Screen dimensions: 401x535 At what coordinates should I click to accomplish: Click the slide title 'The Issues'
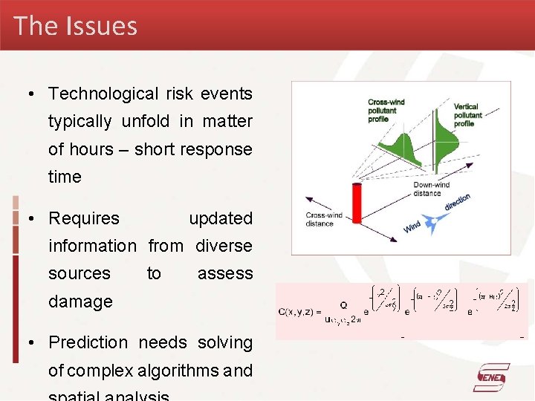pyautogui.click(x=75, y=26)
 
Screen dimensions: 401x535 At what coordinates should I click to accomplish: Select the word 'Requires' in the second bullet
pyautogui.click(x=84, y=218)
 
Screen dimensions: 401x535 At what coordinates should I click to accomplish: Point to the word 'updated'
pyautogui.click(x=221, y=218)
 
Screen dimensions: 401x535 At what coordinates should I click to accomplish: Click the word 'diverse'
pyautogui.click(x=224, y=246)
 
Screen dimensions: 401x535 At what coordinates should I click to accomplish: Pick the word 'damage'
pyautogui.click(x=80, y=301)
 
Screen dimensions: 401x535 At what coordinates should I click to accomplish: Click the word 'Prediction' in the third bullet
pyautogui.click(x=88, y=342)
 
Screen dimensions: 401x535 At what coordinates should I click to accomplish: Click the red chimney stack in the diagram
pyautogui.click(x=356, y=202)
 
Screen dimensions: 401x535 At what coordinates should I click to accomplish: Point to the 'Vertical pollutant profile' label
pyautogui.click(x=467, y=114)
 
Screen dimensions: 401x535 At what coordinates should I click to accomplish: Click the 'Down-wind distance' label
pyautogui.click(x=432, y=189)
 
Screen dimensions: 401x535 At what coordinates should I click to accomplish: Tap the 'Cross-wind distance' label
pyautogui.click(x=324, y=219)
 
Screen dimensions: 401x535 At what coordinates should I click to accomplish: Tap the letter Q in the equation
pyautogui.click(x=343, y=304)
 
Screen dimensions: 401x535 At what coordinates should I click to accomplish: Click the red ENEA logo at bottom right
pyautogui.click(x=492, y=378)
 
